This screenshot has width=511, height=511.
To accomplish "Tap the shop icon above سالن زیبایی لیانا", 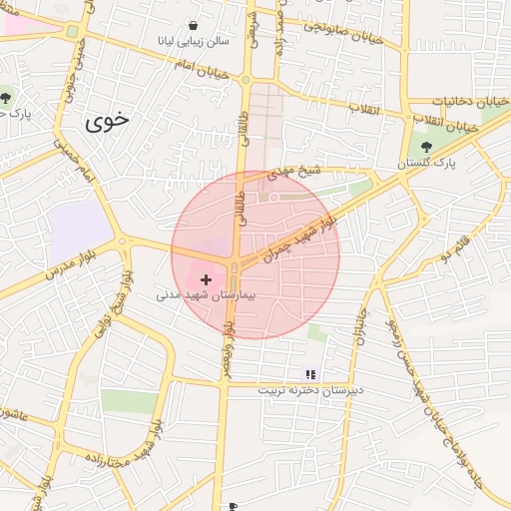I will coord(193,26).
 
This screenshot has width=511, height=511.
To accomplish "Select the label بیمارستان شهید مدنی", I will coord(207,296).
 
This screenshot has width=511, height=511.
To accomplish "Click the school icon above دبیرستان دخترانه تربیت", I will coord(309,373).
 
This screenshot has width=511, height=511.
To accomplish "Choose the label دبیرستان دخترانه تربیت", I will coord(307,389).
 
